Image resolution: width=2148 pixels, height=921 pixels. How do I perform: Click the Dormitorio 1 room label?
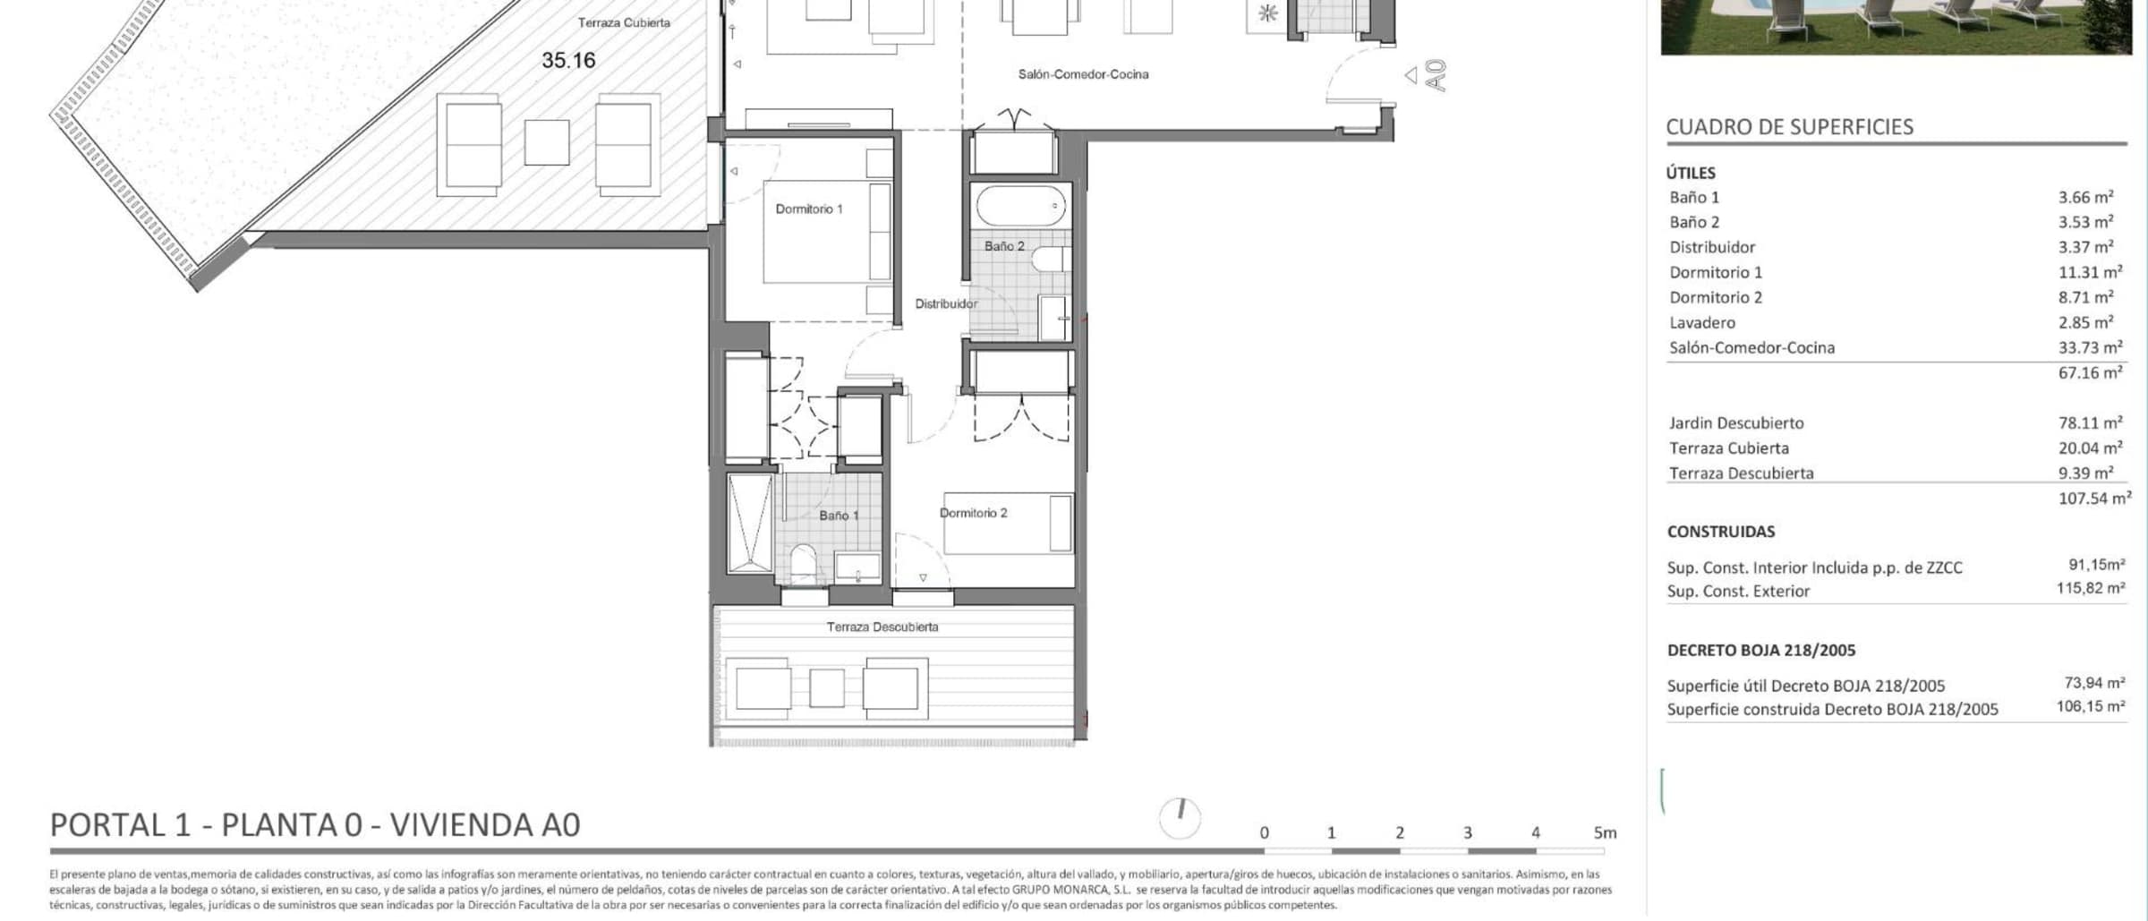coord(809,209)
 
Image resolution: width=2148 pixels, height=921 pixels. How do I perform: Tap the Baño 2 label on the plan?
coord(1004,246)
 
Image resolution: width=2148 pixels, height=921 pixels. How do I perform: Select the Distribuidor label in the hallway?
coord(946,303)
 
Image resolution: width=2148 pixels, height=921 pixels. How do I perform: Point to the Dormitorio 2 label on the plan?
coord(974,513)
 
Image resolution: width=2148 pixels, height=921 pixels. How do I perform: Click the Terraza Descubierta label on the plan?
coord(882,627)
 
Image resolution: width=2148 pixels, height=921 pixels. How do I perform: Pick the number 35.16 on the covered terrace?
coord(568,60)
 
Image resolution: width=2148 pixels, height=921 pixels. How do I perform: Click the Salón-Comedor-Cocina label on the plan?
coord(1083,74)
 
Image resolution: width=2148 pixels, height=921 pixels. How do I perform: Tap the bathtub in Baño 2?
coord(1021,206)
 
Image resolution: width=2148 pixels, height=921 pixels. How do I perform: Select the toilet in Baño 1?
coord(804,563)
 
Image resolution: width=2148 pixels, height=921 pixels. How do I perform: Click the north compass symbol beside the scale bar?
coord(1180,817)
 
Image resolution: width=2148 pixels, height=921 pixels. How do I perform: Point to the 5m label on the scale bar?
coord(1605,832)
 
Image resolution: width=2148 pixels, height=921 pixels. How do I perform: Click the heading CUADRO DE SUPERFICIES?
coord(1789,127)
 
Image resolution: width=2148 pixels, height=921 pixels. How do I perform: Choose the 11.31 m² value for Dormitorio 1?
coord(2090,272)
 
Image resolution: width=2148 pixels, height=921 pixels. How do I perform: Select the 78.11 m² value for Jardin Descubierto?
coord(2090,422)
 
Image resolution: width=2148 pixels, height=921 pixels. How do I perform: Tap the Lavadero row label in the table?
coord(1702,322)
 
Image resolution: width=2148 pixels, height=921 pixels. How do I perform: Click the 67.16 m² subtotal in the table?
coord(2090,372)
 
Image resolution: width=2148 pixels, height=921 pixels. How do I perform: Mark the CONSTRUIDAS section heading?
coord(1721,532)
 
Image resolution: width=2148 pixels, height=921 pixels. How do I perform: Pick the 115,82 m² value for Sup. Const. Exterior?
coord(2091,588)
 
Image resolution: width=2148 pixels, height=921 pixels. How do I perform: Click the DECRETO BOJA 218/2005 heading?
coord(1761,651)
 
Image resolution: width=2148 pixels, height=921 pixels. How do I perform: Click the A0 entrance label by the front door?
coord(1436,75)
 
